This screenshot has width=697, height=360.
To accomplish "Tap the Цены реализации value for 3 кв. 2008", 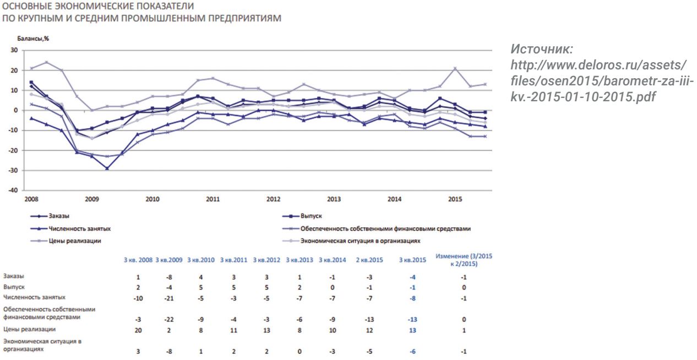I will point(138,330).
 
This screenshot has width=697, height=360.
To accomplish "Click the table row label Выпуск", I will point(12,287).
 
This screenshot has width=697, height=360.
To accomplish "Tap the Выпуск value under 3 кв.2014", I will point(332,287).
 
